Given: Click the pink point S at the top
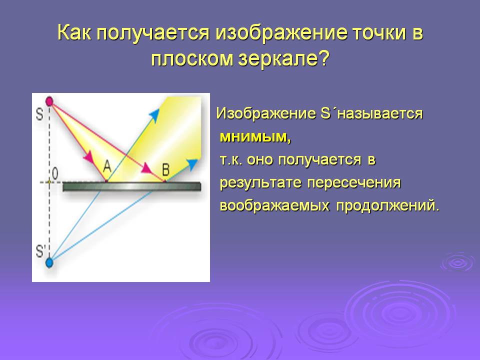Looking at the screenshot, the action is [x=49, y=101].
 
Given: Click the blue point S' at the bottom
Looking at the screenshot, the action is [x=49, y=262].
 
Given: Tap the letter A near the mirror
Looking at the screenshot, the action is [x=107, y=166].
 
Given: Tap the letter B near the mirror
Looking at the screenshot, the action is [x=165, y=169].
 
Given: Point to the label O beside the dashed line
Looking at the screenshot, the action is [x=55, y=174].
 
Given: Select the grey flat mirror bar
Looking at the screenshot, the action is [x=131, y=186].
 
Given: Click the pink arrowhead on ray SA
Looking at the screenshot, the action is [x=88, y=157].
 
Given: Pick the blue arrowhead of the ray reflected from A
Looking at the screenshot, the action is [x=155, y=115].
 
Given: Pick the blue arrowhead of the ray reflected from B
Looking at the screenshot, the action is [x=192, y=164].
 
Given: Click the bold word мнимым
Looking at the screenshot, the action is [x=255, y=137].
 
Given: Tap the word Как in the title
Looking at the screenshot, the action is [x=74, y=32].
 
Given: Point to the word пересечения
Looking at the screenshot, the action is [x=354, y=183].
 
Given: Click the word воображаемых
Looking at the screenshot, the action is [x=274, y=205].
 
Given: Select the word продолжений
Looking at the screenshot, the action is [x=388, y=205].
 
